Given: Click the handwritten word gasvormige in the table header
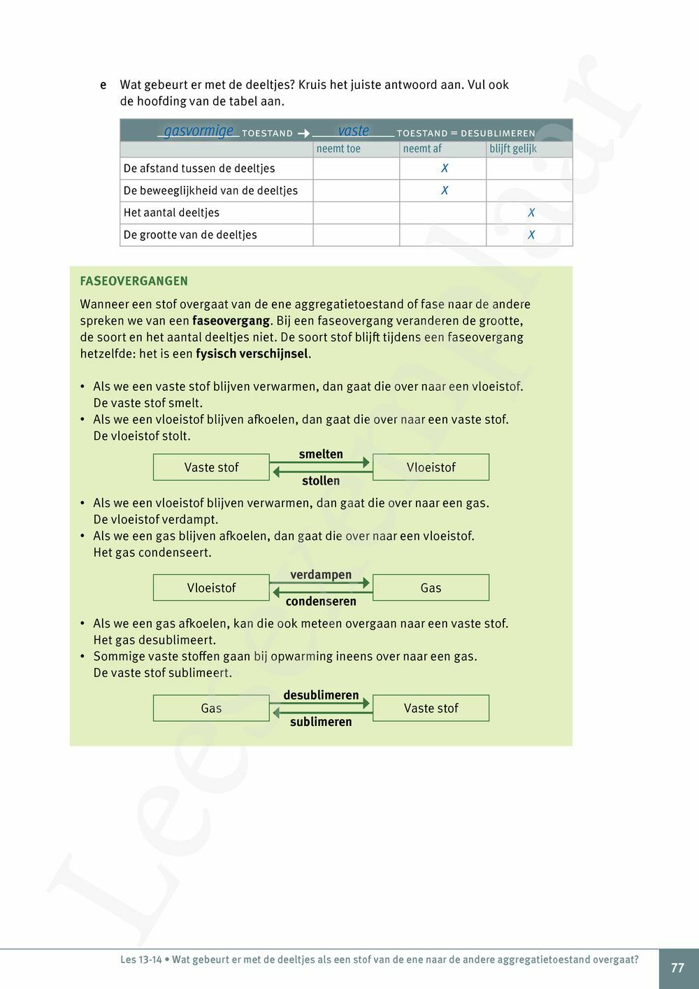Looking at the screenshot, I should pos(199,131).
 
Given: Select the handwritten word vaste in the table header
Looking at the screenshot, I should pos(353,131).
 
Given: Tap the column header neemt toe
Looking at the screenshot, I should pos(338,149).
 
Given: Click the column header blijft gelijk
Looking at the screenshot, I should pos(513,149).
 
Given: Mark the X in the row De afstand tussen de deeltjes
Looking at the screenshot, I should pos(444,169).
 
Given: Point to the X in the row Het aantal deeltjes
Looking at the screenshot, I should pos(531,213).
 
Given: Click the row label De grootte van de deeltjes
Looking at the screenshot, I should pos(190,235).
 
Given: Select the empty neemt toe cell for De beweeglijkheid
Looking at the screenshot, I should pos(356,191).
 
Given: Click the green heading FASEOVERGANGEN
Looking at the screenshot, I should pos(134,281).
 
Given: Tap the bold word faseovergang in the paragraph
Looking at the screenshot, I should pos(231,321).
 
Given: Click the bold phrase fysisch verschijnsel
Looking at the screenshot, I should pos(252,354).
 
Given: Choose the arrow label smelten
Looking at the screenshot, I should pos(321,455).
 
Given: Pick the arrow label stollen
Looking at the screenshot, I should pos(321,481).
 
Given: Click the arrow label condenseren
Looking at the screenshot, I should pos(321,602).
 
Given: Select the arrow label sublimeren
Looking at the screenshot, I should pos(321,722).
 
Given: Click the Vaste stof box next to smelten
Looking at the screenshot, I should pos(211,467).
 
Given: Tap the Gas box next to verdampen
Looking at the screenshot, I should pos(431,588).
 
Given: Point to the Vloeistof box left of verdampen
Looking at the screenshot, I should pos(211,588).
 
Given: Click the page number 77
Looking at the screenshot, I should pos(677,968).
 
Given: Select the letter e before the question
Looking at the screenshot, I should pos(103,85).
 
